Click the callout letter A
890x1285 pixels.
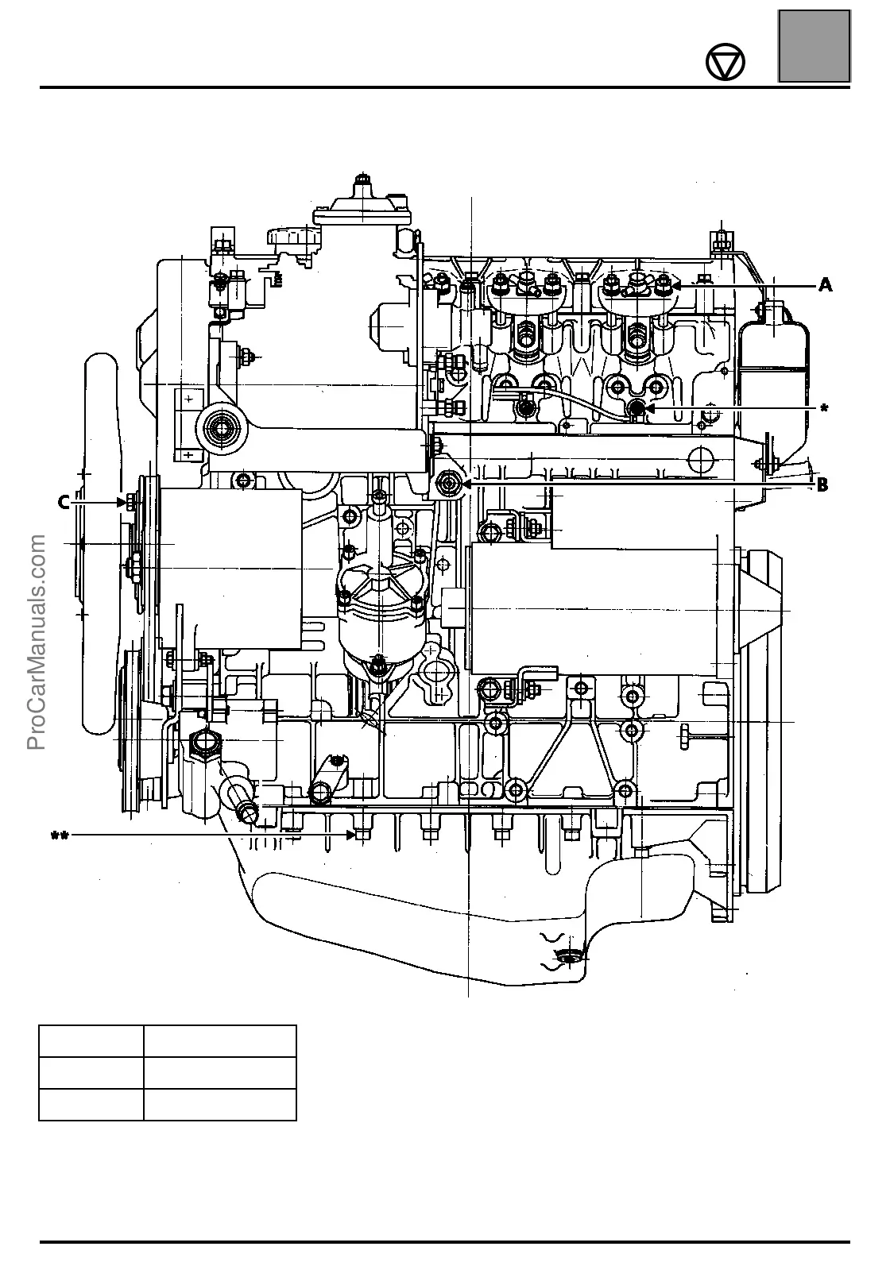click(x=826, y=285)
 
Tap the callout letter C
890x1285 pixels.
click(x=64, y=502)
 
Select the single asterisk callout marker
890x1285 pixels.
click(x=824, y=408)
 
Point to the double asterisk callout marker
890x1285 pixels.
click(x=60, y=835)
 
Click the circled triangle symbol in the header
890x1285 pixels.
click(x=726, y=63)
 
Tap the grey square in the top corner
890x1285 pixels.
click(x=814, y=46)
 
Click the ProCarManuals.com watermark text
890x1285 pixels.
click(x=37, y=643)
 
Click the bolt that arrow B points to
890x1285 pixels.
click(x=450, y=482)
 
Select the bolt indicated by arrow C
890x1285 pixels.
click(x=128, y=502)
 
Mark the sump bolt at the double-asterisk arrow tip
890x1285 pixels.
click(x=362, y=835)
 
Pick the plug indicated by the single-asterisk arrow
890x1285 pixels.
click(x=637, y=408)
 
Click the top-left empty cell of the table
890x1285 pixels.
click(x=91, y=1040)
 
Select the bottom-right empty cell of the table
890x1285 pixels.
click(x=220, y=1104)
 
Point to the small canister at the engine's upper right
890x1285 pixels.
click(x=773, y=349)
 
